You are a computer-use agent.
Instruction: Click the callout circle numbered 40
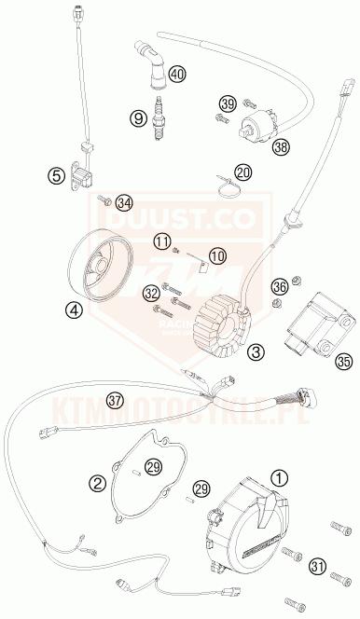click(178, 74)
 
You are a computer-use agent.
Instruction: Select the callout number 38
click(281, 145)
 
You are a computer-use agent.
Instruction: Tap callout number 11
click(163, 242)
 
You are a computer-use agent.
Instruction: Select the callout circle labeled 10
click(216, 254)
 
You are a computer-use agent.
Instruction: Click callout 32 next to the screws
click(151, 295)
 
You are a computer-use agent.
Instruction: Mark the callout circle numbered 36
click(279, 286)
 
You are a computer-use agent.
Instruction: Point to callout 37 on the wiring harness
click(115, 401)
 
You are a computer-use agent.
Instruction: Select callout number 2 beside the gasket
click(97, 482)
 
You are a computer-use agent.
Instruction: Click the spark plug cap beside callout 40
click(150, 61)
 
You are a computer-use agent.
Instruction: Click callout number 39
click(228, 103)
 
